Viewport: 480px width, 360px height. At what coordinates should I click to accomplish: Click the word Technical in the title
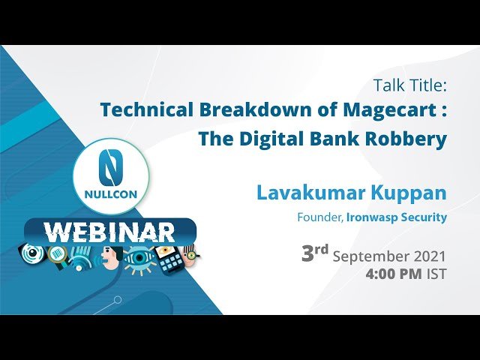[x=145, y=110]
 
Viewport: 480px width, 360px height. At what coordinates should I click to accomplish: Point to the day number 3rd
[x=315, y=253]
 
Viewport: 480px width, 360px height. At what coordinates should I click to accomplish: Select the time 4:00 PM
[x=393, y=274]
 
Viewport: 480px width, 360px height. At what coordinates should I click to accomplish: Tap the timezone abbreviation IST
[x=436, y=274]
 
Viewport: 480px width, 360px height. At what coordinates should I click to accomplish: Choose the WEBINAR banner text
[x=109, y=231]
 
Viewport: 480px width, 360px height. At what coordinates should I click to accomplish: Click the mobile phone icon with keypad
[x=170, y=258]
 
